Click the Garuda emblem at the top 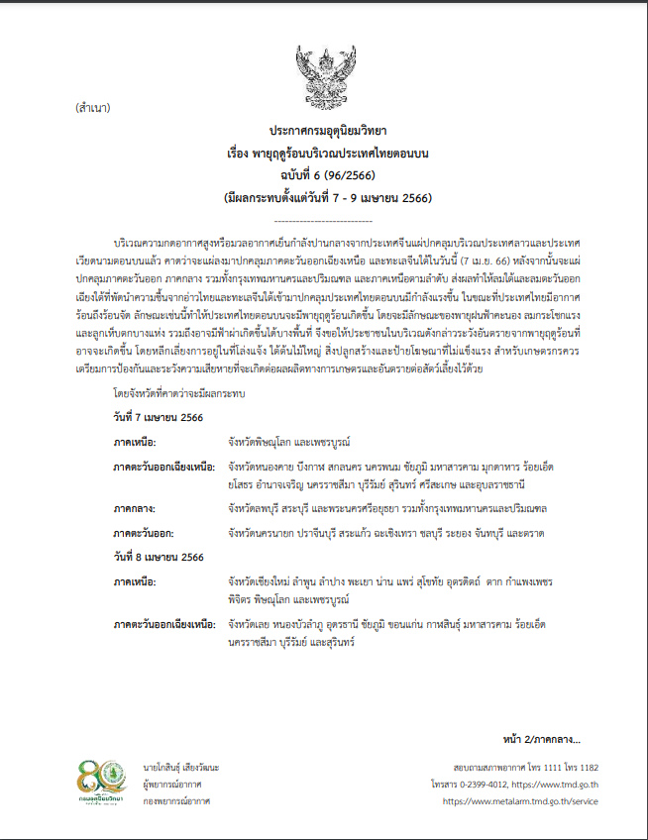[323, 69]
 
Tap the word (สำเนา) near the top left [92, 107]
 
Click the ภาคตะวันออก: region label [146, 533]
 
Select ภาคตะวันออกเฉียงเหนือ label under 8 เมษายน [164, 626]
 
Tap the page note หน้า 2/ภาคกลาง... [542, 738]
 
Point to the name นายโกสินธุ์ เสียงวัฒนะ [182, 768]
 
